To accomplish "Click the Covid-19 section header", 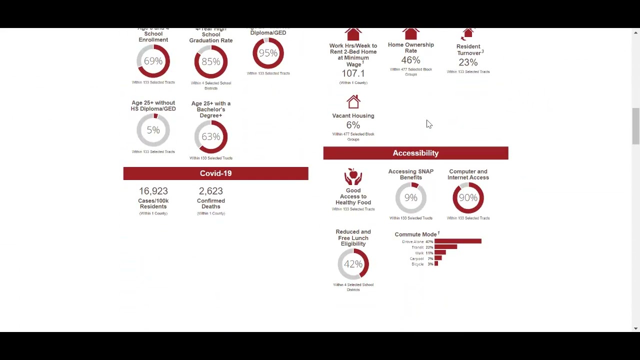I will (x=215, y=173).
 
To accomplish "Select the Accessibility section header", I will (x=415, y=153).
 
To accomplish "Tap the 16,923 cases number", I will (x=153, y=191).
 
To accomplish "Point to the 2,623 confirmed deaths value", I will (x=210, y=191).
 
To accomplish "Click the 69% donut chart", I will (x=153, y=61).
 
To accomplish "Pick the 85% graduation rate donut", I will (x=210, y=61).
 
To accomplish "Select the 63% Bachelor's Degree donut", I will (x=210, y=136).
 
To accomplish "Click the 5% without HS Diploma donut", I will (x=153, y=130).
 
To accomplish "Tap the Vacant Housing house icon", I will (x=353, y=102).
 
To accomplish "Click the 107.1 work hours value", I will (x=353, y=73).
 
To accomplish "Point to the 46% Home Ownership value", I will (x=410, y=60).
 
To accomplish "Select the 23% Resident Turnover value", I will (x=468, y=62).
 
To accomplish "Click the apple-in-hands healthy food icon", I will (x=353, y=177).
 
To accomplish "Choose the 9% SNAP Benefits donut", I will (x=410, y=198).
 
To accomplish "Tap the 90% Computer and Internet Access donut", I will (x=468, y=198).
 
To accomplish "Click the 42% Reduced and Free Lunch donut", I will (x=353, y=264).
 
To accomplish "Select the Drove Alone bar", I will (x=457, y=241).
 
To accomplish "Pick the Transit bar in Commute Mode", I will (x=445, y=247).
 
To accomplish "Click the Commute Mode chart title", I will (x=416, y=234).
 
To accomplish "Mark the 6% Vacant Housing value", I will (x=353, y=125).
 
